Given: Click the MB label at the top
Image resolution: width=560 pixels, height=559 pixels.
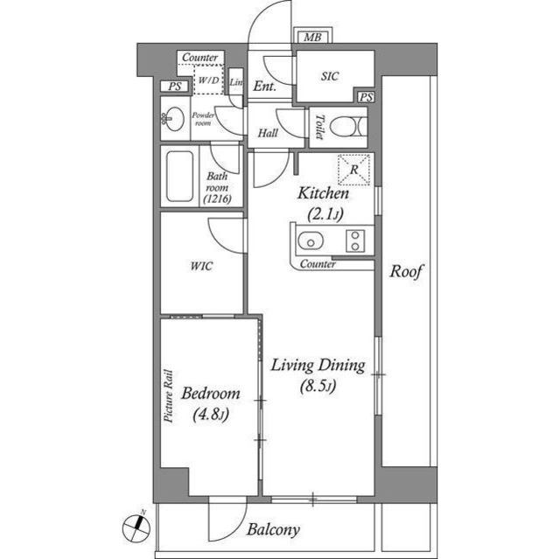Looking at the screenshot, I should coord(312,38).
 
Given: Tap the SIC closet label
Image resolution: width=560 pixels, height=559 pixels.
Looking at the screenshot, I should coord(330,77).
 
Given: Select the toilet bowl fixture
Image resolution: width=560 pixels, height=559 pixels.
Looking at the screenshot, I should coord(352,127).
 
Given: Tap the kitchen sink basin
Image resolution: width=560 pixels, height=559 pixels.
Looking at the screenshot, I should coord(310,241).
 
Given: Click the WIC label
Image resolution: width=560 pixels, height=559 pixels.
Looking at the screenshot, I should coord(202,266).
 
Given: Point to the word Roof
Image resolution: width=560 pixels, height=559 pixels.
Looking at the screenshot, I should coord(406,272).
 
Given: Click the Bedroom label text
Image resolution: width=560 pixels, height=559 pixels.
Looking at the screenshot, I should coord(211,395).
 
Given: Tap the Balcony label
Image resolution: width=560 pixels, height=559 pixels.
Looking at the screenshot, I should coord(273,530).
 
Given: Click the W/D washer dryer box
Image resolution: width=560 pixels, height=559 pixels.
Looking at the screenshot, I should coord(209,80).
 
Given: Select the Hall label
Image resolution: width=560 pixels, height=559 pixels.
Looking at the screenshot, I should coord(268,134).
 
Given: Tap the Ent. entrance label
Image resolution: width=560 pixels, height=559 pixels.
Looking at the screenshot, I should coord(264,87).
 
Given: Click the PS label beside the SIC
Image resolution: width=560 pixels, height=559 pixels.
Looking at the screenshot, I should coord(366,97).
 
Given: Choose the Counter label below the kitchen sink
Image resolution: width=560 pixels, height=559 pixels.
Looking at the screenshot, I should coord(317,263).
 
